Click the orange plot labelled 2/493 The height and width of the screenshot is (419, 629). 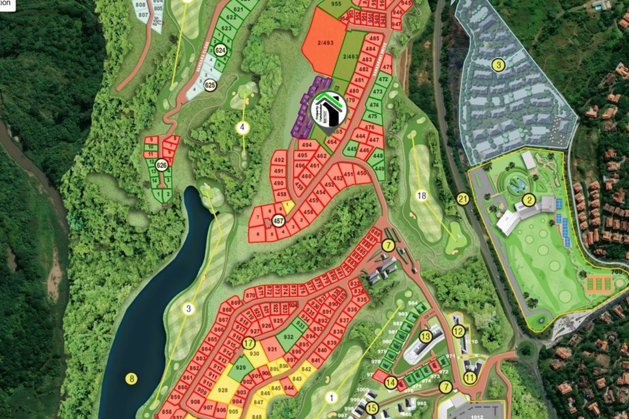[325, 43]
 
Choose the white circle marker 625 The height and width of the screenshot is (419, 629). [210, 85]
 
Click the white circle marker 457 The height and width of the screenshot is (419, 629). [278, 221]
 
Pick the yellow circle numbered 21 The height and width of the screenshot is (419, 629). [462, 199]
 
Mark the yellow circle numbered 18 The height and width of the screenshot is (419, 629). [422, 196]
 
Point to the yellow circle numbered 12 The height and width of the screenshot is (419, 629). [459, 330]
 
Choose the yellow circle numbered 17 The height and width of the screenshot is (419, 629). [248, 344]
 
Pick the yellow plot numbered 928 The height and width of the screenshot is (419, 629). [222, 390]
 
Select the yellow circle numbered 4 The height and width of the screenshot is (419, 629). [243, 127]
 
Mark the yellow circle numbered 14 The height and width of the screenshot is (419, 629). [390, 382]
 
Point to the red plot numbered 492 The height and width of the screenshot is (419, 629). [279, 160]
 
